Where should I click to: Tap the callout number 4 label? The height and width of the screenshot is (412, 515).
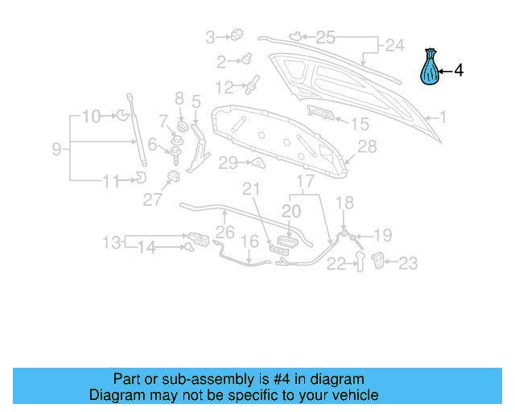459,71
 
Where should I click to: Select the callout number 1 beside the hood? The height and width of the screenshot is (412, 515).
442,117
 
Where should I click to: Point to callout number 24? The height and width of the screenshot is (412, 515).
393,46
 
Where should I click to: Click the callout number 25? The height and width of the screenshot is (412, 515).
325,36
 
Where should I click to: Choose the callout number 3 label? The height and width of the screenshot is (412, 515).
211,36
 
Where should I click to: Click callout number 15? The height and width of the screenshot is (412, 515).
359,124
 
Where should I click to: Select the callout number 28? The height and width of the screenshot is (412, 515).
367,146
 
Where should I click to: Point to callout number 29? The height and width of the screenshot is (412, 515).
229,163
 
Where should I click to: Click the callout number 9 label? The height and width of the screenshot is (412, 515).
56,149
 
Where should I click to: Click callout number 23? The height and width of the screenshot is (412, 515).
409,262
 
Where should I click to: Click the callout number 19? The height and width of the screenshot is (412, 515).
382,236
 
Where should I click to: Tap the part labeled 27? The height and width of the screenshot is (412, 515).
172,176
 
